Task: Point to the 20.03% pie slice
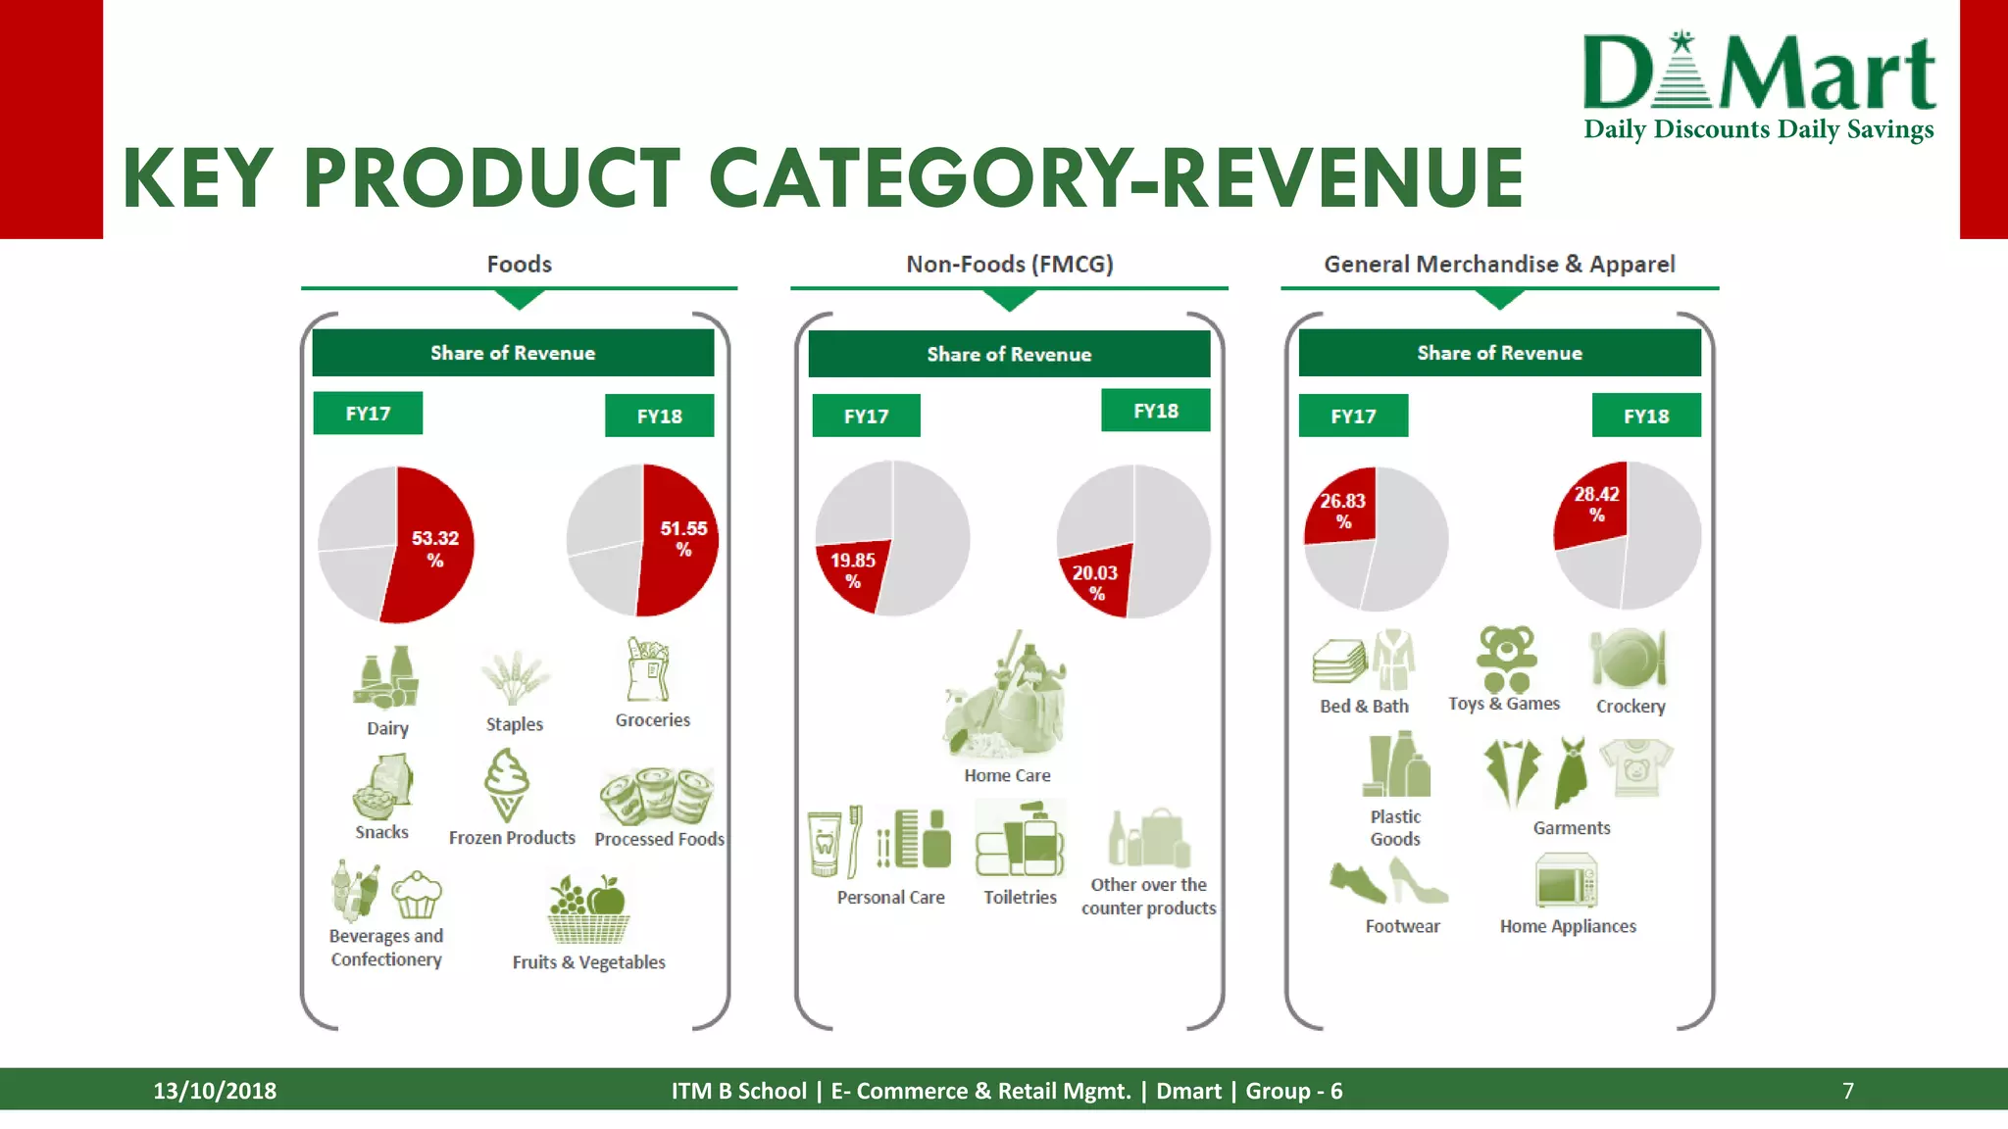pyautogui.click(x=1096, y=581)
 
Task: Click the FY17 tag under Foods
pyautogui.click(x=368, y=414)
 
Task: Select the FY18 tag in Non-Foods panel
pyautogui.click(x=1155, y=411)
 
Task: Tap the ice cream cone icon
pyautogui.click(x=506, y=785)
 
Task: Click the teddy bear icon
pyautogui.click(x=1505, y=659)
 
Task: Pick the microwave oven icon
pyautogui.click(x=1566, y=880)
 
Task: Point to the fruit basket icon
pyautogui.click(x=588, y=909)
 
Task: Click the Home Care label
pyautogui.click(x=1007, y=775)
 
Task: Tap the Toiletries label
pyautogui.click(x=1020, y=897)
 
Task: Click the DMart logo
pyautogui.click(x=1759, y=86)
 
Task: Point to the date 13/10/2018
pyautogui.click(x=215, y=1091)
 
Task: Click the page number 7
pyautogui.click(x=1847, y=1091)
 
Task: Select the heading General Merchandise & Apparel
pyautogui.click(x=1499, y=265)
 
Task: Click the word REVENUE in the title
pyautogui.click(x=1342, y=178)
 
